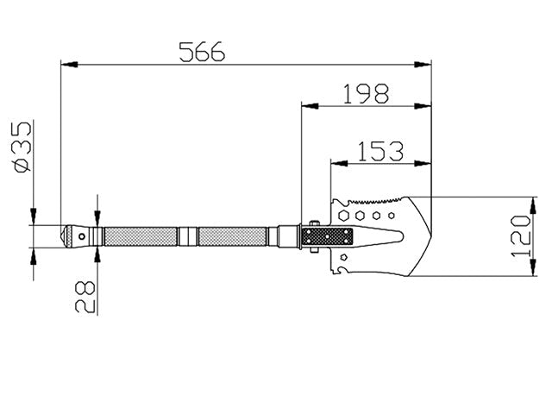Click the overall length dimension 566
click(202, 52)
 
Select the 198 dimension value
click(366, 93)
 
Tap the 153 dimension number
click(380, 152)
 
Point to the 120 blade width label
click(521, 235)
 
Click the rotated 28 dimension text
click(85, 297)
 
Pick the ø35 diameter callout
click(22, 147)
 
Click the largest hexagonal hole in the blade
click(343, 215)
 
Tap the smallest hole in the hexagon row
click(391, 215)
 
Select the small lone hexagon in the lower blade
click(344, 257)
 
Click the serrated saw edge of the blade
click(374, 201)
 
